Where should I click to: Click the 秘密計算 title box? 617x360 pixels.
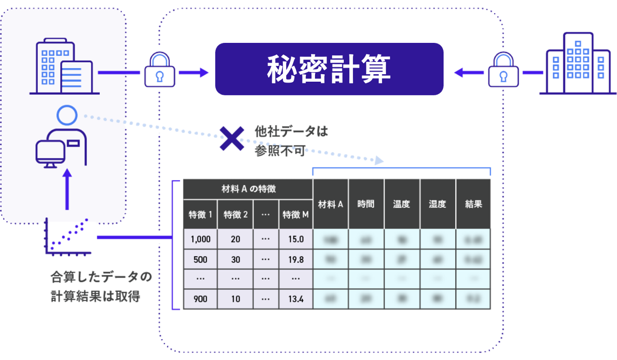(x=329, y=69)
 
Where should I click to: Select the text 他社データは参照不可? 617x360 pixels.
(x=291, y=141)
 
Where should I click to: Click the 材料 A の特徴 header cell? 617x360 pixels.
(x=248, y=189)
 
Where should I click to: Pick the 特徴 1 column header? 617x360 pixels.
(x=200, y=215)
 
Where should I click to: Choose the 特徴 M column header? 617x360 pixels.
(x=295, y=215)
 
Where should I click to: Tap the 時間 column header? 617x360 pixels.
(x=366, y=204)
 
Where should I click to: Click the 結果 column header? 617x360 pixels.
(x=473, y=204)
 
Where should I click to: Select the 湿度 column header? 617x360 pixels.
(x=437, y=204)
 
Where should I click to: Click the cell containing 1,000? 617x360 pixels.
(x=200, y=239)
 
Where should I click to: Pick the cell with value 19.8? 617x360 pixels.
(x=295, y=259)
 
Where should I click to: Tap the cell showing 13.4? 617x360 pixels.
(x=295, y=299)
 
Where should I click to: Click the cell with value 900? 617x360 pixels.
(x=200, y=299)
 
